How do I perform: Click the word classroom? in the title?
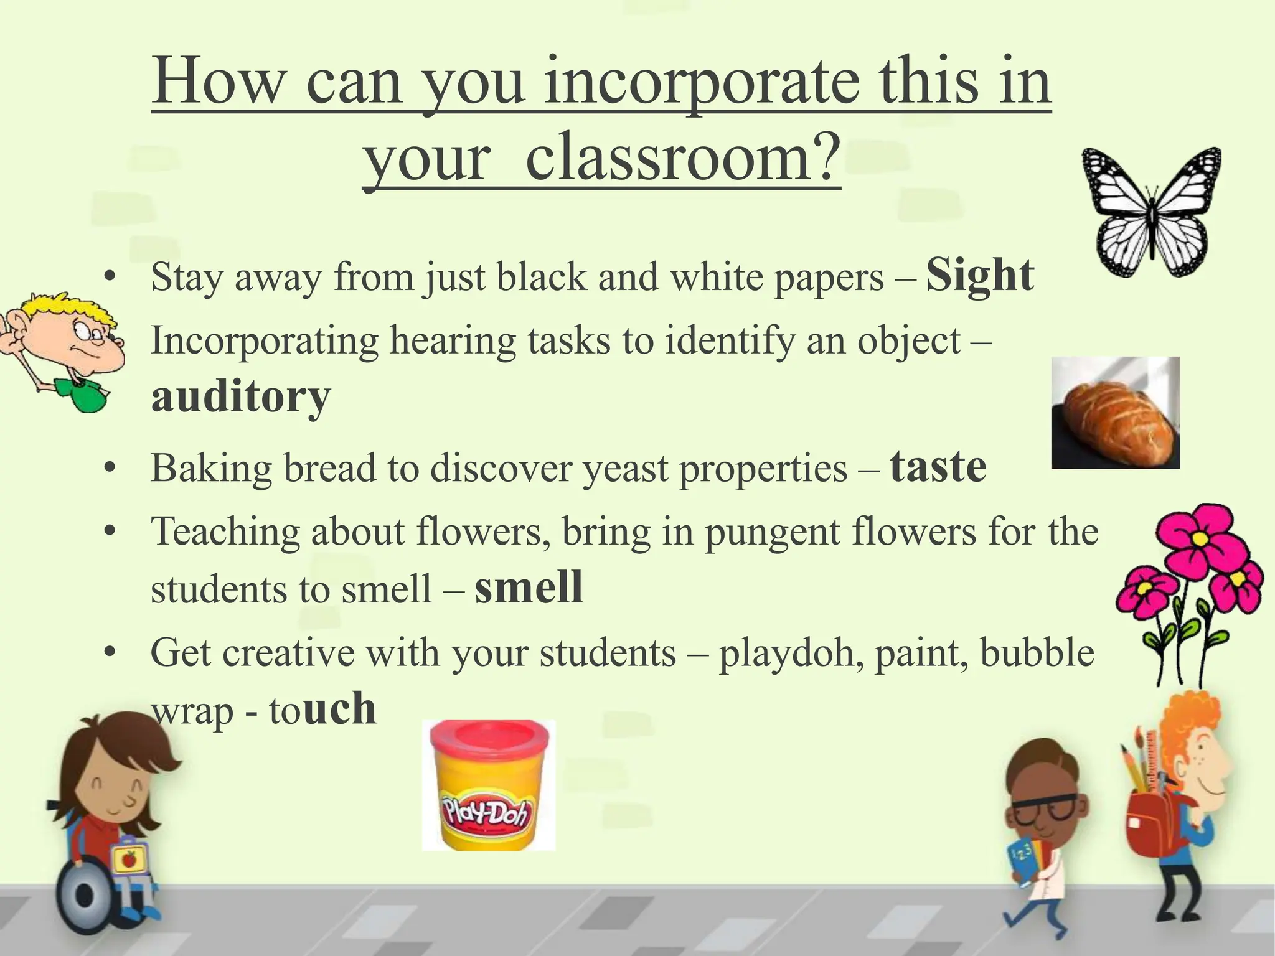(682, 156)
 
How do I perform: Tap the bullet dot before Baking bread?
(111, 468)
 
